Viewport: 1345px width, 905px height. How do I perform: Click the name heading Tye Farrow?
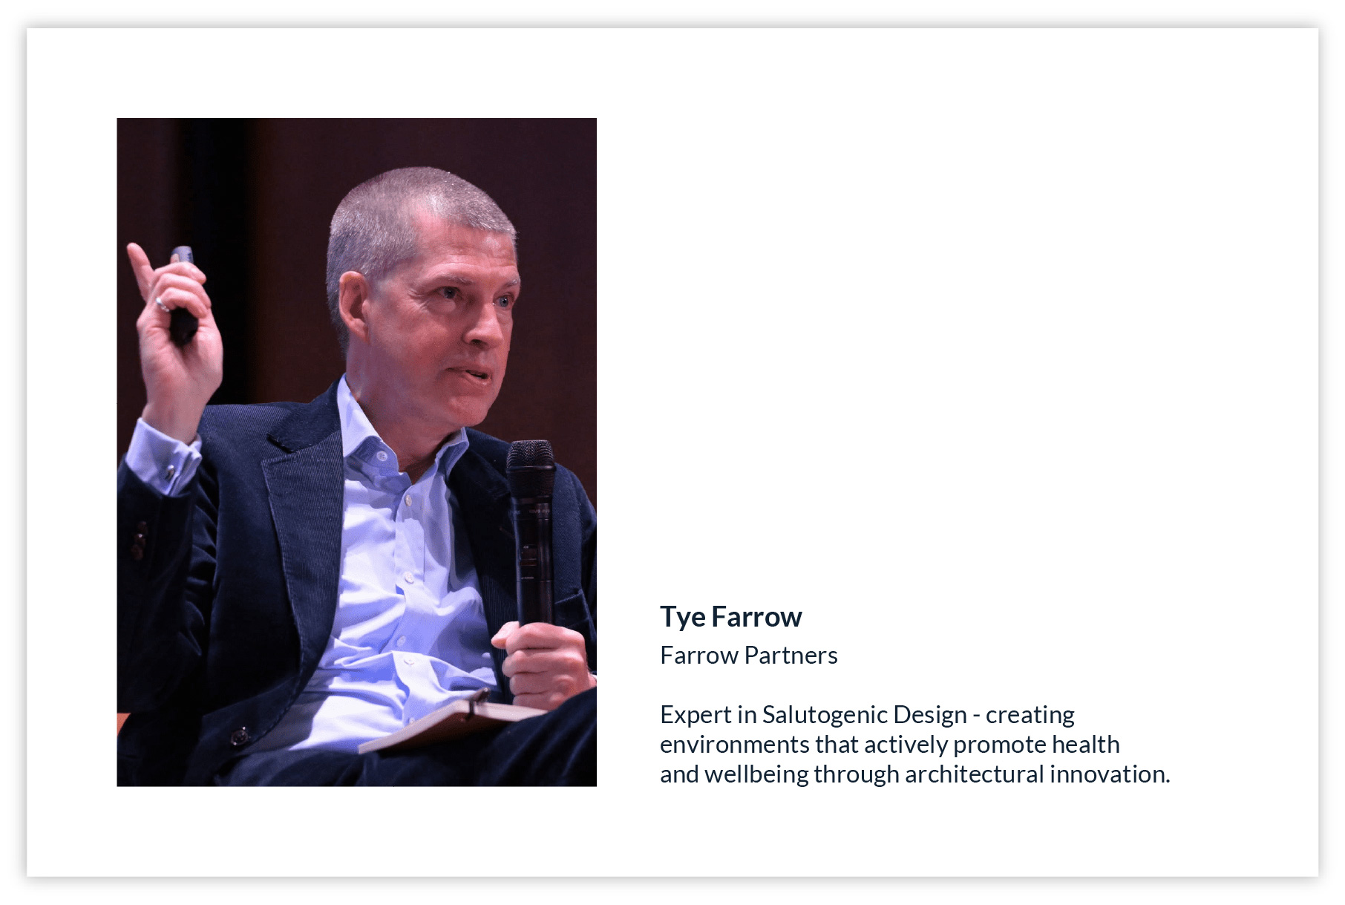(x=731, y=617)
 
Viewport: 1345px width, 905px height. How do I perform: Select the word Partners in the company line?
(x=791, y=656)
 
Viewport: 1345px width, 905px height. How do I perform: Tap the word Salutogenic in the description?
(x=825, y=715)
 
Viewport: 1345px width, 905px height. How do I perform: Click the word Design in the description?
(x=930, y=715)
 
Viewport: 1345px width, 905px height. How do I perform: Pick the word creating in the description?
(x=1030, y=715)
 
